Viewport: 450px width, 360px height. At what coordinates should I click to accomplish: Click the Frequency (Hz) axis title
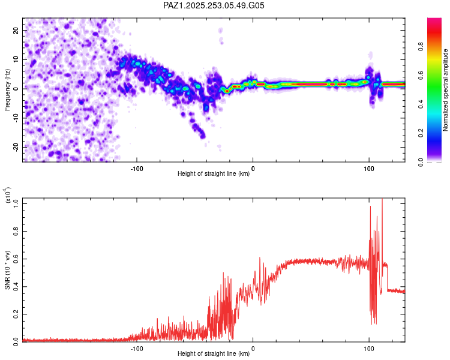point(7,89)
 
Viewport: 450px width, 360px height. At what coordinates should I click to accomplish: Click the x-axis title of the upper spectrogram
point(214,174)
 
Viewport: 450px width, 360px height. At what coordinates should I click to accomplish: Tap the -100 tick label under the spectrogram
point(137,169)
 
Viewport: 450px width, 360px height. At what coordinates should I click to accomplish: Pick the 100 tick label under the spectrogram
point(369,169)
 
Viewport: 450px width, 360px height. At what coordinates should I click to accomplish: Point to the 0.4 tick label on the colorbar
point(439,104)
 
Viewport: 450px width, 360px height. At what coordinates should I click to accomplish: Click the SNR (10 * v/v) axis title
point(7,270)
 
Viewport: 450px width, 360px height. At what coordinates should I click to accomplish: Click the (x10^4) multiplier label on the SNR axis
point(7,196)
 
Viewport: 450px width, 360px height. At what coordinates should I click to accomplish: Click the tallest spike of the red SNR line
point(382,200)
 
